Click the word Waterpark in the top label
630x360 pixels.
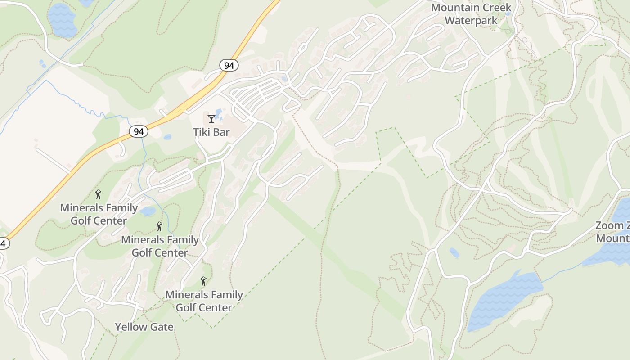click(x=471, y=20)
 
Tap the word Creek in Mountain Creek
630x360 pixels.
click(x=493, y=8)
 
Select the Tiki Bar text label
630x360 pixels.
click(x=211, y=132)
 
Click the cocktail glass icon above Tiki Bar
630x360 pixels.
click(x=211, y=119)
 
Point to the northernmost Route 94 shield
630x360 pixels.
click(x=229, y=66)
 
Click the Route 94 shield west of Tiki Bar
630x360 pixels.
click(x=138, y=131)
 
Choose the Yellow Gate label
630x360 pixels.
click(x=144, y=327)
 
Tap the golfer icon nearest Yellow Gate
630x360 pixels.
click(x=203, y=282)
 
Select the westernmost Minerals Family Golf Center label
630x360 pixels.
click(x=99, y=214)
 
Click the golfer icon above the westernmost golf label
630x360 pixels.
click(x=98, y=194)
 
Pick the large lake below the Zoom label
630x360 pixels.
click(x=504, y=299)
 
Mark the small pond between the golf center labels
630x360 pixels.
click(x=148, y=211)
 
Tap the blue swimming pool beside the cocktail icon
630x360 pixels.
click(x=219, y=114)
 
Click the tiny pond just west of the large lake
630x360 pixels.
click(x=454, y=253)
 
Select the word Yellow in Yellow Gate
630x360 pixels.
click(x=130, y=327)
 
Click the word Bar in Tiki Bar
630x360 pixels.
click(x=221, y=132)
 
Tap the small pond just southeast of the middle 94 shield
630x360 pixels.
click(x=167, y=137)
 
